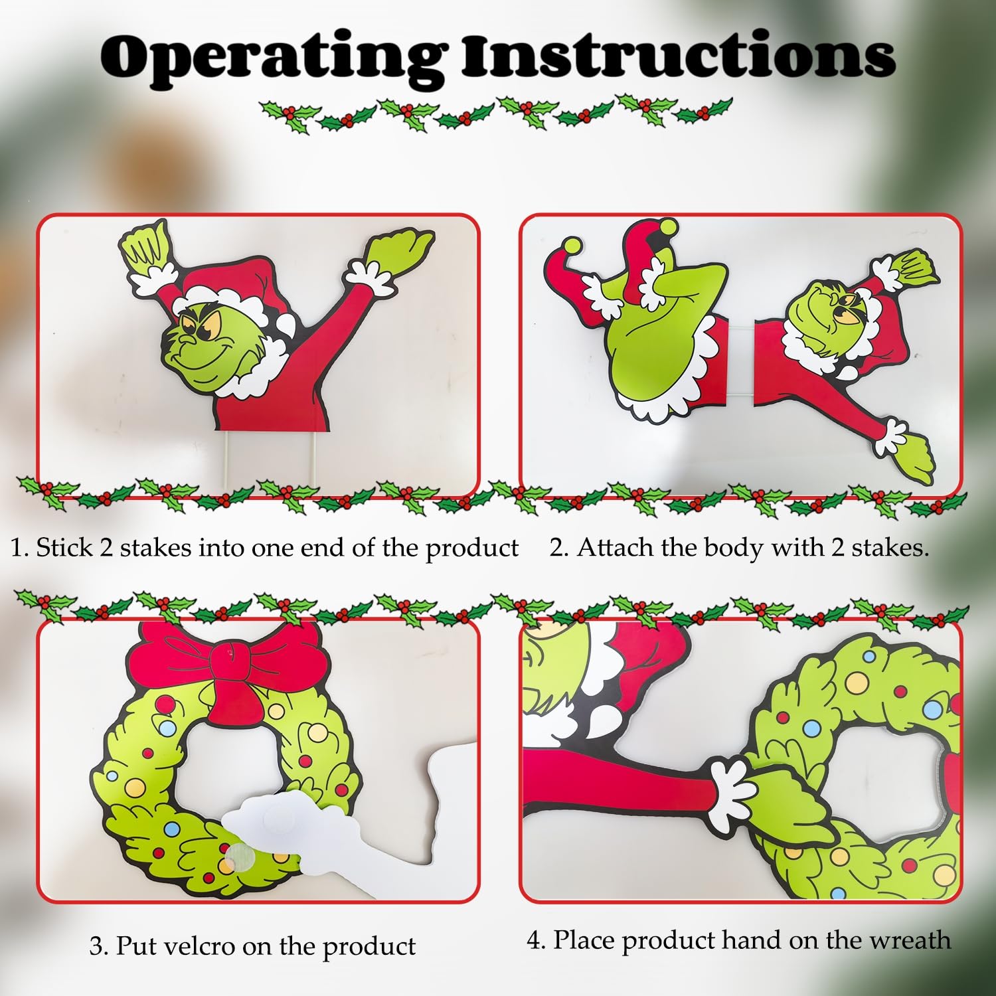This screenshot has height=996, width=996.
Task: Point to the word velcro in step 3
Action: (203, 945)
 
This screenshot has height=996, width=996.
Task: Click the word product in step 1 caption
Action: (471, 549)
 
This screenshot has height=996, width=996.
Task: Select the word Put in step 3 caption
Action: (137, 945)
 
